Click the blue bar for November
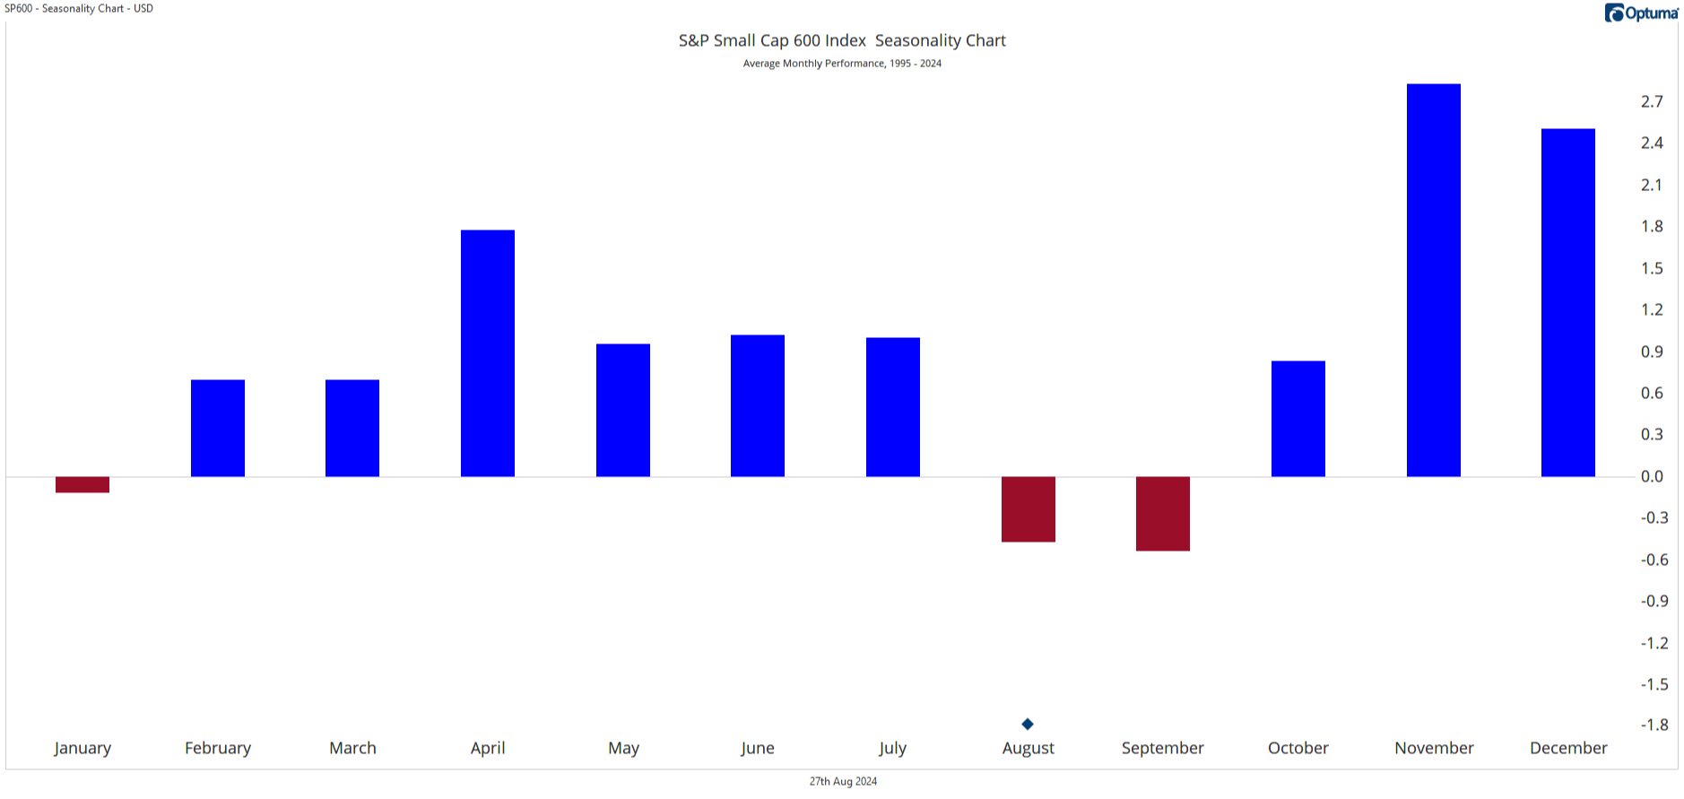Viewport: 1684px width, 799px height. click(x=1433, y=280)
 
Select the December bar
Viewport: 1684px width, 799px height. click(x=1568, y=302)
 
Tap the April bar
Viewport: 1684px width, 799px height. click(x=488, y=353)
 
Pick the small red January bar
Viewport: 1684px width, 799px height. click(x=82, y=484)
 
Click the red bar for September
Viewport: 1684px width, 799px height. click(x=1163, y=513)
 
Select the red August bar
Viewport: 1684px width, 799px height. click(x=1029, y=508)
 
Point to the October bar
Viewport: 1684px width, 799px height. click(x=1298, y=419)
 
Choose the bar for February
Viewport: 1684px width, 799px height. click(x=218, y=428)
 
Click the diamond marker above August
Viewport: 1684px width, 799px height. click(x=1028, y=724)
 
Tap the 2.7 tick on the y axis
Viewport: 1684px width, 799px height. click(x=1652, y=101)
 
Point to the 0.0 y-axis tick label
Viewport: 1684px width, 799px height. click(x=1652, y=476)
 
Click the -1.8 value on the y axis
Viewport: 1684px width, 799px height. click(x=1654, y=725)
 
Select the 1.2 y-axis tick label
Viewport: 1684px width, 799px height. click(x=1652, y=309)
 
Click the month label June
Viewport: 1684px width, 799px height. click(x=758, y=748)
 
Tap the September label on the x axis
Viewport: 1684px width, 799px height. click(x=1163, y=748)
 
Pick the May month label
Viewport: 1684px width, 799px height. click(x=623, y=748)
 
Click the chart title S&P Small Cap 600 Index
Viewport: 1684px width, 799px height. click(x=772, y=40)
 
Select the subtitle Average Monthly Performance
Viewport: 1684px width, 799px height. click(x=813, y=64)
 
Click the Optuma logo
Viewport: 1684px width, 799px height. click(x=1641, y=13)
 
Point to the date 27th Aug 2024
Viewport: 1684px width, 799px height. click(x=843, y=781)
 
